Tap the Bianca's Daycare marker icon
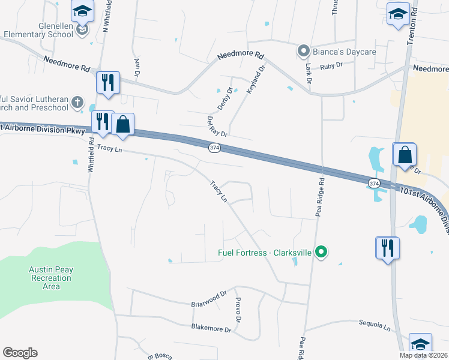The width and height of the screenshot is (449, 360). pyautogui.click(x=304, y=50)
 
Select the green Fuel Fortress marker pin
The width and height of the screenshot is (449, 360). pyautogui.click(x=321, y=252)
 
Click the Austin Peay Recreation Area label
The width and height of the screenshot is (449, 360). pyautogui.click(x=51, y=278)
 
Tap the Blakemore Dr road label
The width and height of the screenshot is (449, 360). pyautogui.click(x=211, y=328)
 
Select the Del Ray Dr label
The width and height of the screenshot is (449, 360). pyautogui.click(x=217, y=125)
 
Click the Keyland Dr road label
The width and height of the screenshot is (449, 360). pyautogui.click(x=256, y=79)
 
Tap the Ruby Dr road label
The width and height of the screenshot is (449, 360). pyautogui.click(x=331, y=65)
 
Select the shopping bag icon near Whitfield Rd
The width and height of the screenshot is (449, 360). pyautogui.click(x=122, y=125)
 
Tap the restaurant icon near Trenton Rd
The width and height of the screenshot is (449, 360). pyautogui.click(x=387, y=248)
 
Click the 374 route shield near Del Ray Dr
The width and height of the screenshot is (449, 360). pyautogui.click(x=214, y=148)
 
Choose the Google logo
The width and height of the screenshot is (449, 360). pyautogui.click(x=20, y=353)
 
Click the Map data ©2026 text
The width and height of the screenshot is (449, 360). pyautogui.click(x=424, y=355)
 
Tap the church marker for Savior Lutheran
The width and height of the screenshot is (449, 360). pyautogui.click(x=77, y=103)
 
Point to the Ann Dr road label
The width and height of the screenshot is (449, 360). pyautogui.click(x=137, y=67)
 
